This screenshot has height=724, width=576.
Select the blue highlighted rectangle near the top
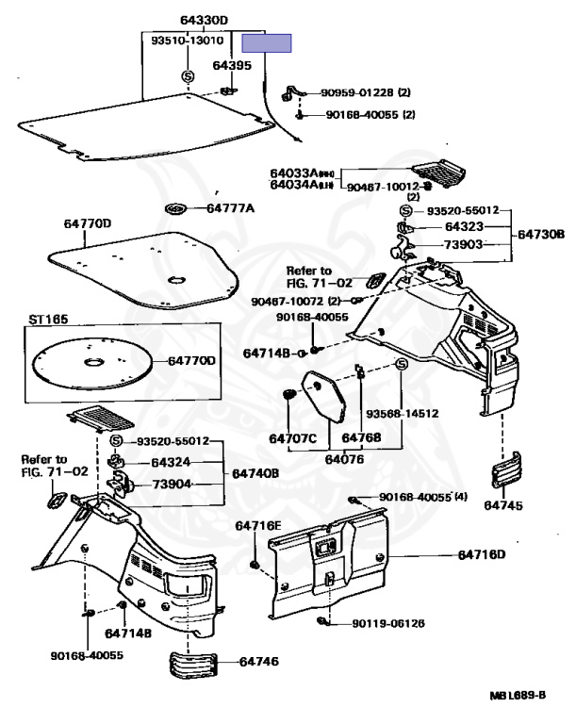pos(267,42)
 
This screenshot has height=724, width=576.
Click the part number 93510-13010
pos(187,41)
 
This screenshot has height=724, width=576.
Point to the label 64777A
pos(230,207)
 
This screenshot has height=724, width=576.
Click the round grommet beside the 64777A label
pos(176,207)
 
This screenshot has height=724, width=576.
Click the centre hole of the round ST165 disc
pos(95,362)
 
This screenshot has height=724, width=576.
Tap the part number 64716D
pos(482,554)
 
